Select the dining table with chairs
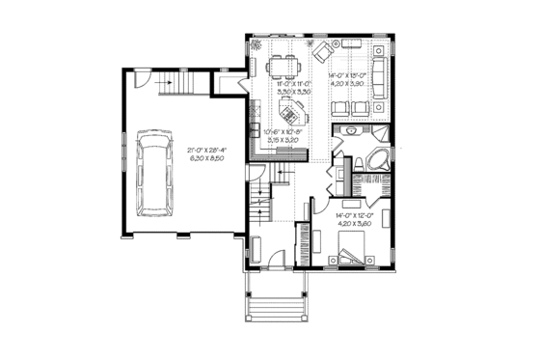[285, 66]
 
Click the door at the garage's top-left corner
[142, 78]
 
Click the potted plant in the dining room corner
[256, 45]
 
